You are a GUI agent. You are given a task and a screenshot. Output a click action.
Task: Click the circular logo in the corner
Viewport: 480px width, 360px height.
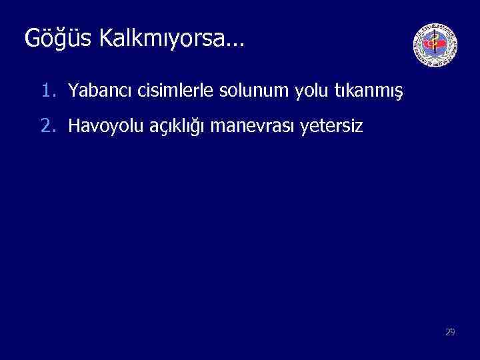(x=435, y=46)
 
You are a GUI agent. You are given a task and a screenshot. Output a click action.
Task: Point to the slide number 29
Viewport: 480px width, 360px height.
(x=450, y=331)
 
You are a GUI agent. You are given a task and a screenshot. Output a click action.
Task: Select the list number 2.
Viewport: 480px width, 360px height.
(x=47, y=125)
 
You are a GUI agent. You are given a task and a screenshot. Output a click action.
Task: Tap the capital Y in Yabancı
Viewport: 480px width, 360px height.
(x=73, y=90)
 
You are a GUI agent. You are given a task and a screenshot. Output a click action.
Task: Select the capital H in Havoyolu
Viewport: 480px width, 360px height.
(x=74, y=125)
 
